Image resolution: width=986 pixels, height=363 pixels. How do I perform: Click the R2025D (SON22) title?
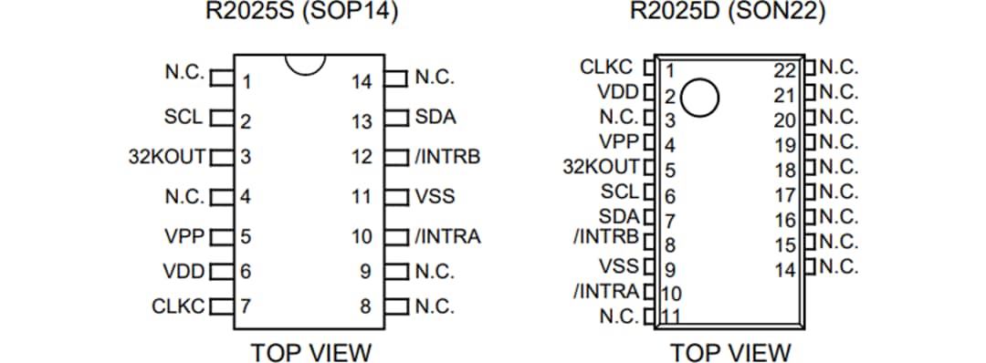728,13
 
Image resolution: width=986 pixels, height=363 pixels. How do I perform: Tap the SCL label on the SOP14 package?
183,118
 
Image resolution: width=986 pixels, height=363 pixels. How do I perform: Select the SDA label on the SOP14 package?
435,118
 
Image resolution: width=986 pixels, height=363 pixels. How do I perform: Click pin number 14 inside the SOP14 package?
362,82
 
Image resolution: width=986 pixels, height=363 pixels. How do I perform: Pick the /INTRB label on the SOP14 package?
447,156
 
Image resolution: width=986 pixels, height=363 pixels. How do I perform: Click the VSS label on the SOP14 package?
435,195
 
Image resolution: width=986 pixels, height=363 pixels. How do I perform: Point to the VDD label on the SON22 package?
618,92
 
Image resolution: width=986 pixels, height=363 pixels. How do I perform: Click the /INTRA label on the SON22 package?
607,292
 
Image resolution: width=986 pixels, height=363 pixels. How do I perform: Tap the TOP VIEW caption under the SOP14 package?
311,352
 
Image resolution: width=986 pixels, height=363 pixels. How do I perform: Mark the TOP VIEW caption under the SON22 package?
730,352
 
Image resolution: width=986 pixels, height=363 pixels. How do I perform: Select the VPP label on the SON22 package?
618,142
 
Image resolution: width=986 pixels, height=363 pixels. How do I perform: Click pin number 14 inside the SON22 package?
785,270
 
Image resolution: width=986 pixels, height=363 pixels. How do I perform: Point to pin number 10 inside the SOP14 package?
362,237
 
